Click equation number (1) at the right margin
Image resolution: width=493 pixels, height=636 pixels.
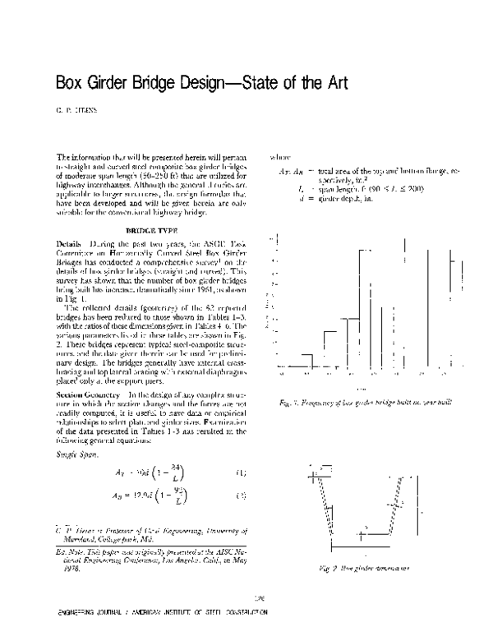click(240, 474)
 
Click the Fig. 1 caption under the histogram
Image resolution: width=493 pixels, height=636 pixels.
click(361, 401)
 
